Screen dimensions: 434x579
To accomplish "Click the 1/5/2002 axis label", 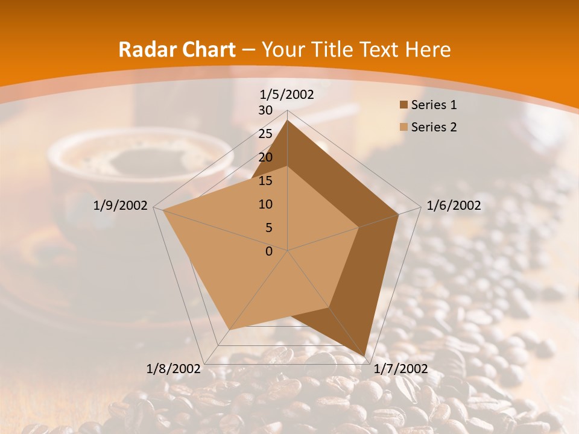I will click(x=287, y=95).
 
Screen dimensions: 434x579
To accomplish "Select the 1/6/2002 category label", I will click(x=454, y=206).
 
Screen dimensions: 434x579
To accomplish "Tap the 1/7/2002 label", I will click(x=400, y=369).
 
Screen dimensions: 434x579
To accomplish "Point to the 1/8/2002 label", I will click(x=174, y=369).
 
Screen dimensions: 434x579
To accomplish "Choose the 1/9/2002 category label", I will click(x=121, y=206).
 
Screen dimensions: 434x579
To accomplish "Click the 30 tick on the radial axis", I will click(x=265, y=110).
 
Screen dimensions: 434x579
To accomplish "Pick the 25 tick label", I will click(x=265, y=134).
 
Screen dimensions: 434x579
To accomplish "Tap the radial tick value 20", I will click(x=265, y=157).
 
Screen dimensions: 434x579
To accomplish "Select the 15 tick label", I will click(x=265, y=181).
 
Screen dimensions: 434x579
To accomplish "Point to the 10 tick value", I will click(x=265, y=204).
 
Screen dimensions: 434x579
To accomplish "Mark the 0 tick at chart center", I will click(x=269, y=251).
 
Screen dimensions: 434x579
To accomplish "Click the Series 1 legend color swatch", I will click(x=403, y=105).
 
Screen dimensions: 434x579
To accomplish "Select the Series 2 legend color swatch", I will click(x=403, y=127).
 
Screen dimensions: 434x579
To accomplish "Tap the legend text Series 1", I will click(x=434, y=105).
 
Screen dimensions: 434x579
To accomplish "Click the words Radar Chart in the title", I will click(x=177, y=49).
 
